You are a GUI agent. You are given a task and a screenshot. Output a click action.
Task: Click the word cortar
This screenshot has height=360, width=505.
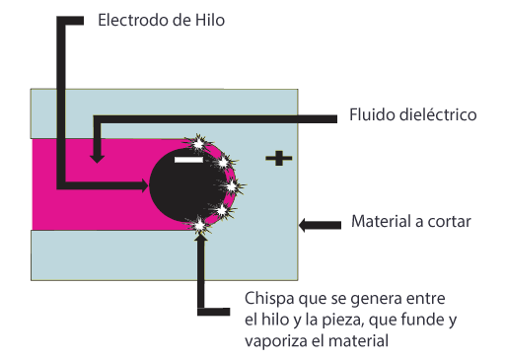[451, 221]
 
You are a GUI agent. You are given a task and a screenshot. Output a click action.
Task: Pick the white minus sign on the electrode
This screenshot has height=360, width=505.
[187, 158]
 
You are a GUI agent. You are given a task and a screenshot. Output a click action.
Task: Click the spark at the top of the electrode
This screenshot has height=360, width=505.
[200, 144]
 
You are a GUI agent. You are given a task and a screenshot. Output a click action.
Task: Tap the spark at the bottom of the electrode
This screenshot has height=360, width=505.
[202, 227]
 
